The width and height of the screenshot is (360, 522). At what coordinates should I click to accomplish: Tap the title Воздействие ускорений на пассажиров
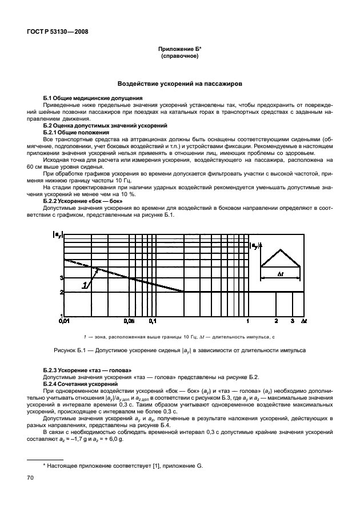pos(179,83)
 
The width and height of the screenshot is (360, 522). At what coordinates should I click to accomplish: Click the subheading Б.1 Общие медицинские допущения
pos(93,98)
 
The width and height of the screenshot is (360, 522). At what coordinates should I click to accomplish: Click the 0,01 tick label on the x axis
pos(63,322)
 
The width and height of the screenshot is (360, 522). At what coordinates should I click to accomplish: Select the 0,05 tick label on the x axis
pos(130,322)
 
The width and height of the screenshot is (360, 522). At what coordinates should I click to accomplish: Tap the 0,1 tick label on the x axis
pos(152,322)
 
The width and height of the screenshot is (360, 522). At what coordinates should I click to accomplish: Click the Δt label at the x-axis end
pos(303,322)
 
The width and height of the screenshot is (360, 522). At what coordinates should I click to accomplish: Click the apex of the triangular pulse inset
pos(281,249)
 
